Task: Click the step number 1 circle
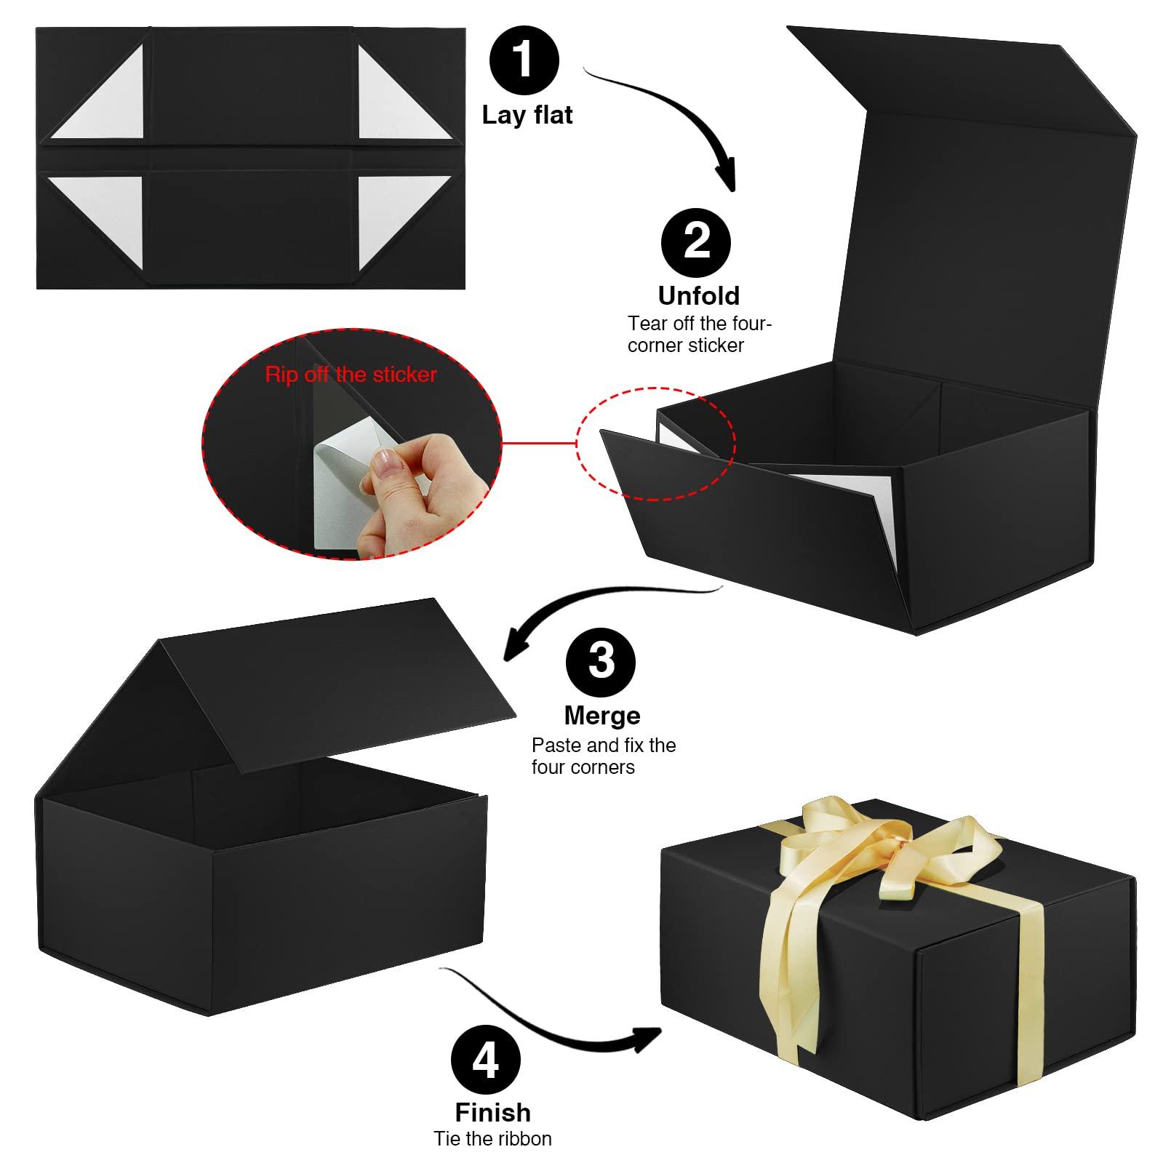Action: click(524, 60)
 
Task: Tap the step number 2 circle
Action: click(696, 241)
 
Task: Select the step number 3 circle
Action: click(600, 661)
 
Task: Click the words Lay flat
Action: click(527, 115)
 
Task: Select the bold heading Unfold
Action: click(698, 295)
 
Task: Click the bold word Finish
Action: click(492, 1112)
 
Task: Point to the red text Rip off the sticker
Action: click(351, 375)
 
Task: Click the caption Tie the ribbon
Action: click(492, 1138)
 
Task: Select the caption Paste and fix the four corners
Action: click(603, 756)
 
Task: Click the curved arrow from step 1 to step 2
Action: click(669, 116)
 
